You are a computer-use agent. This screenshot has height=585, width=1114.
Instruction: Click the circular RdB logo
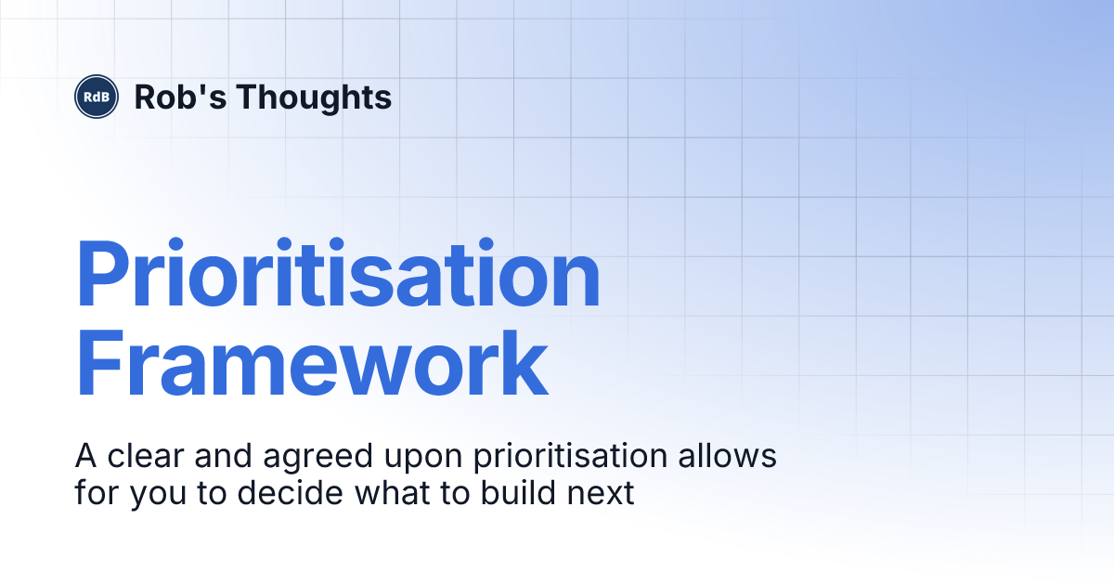pyautogui.click(x=97, y=97)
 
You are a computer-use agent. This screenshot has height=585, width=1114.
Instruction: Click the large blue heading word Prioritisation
pyautogui.click(x=338, y=276)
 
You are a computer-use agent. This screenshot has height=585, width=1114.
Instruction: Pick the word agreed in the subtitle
pyautogui.click(x=310, y=459)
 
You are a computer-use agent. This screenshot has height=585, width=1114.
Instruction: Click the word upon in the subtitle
pyautogui.click(x=411, y=460)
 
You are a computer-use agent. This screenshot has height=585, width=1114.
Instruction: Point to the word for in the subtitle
pyautogui.click(x=97, y=492)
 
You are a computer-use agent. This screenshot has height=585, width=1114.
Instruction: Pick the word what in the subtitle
pyautogui.click(x=382, y=492)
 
